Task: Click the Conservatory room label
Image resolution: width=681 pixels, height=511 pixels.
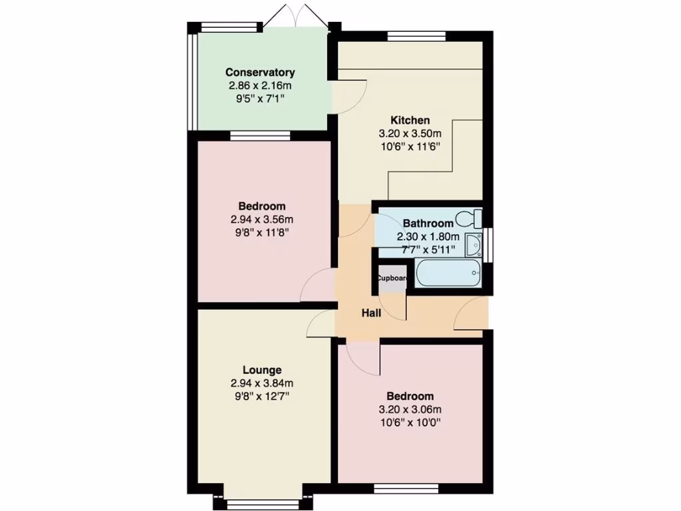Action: (x=260, y=73)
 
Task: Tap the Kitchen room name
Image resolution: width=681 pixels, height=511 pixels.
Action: (x=410, y=120)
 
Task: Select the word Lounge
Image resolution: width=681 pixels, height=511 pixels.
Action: (x=262, y=370)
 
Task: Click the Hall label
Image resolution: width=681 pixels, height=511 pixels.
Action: (x=371, y=313)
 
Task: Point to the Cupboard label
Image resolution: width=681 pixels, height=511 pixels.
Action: (x=392, y=278)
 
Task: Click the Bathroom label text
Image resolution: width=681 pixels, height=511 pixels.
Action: (x=428, y=224)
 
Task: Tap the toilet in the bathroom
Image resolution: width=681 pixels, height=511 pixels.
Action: (x=473, y=218)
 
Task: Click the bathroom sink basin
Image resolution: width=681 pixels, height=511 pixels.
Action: (x=474, y=244)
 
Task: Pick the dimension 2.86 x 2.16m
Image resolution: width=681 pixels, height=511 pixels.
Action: (x=260, y=86)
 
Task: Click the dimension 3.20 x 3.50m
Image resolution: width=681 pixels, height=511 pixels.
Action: (x=410, y=134)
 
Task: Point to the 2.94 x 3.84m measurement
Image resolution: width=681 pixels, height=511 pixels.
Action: (x=262, y=383)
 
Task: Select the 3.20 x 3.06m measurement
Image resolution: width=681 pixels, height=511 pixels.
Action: (x=410, y=409)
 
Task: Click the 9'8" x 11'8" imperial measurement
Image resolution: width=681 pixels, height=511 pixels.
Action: (x=262, y=232)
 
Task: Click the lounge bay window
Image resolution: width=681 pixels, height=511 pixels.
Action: (x=262, y=503)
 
